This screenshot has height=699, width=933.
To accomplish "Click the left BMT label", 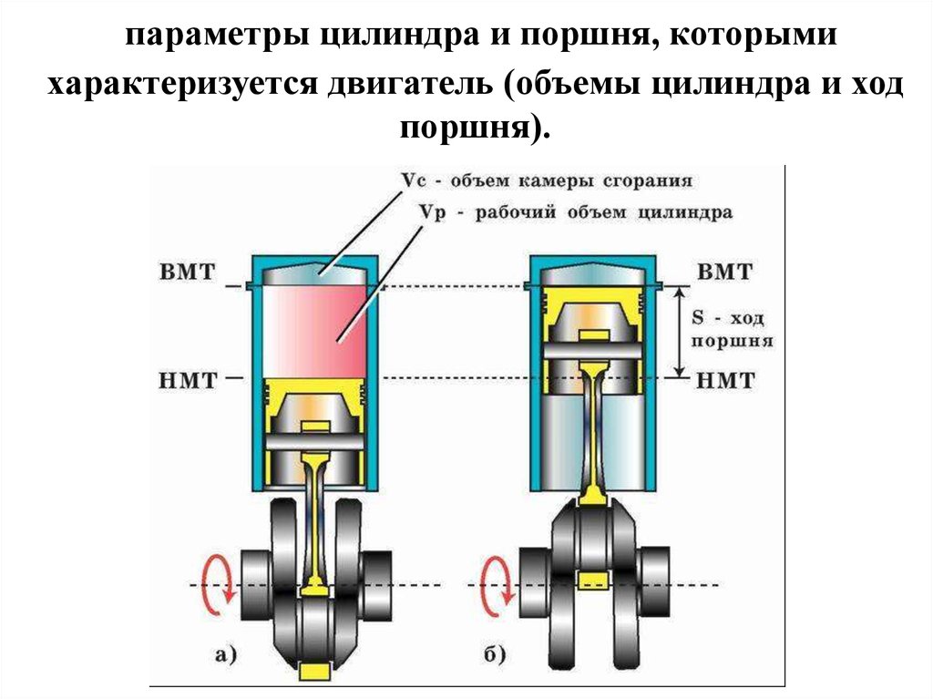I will pyautogui.click(x=189, y=272).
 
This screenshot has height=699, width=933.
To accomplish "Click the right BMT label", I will pyautogui.click(x=725, y=272).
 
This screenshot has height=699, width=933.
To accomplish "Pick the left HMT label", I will pyautogui.click(x=189, y=379).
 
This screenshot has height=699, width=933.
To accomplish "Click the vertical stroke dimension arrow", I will pyautogui.click(x=679, y=332).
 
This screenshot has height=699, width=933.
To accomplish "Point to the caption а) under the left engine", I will pyautogui.click(x=224, y=653).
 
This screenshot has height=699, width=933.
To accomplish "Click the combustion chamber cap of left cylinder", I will pyautogui.click(x=314, y=270).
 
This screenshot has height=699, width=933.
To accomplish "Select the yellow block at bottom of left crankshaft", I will pyautogui.click(x=313, y=673).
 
